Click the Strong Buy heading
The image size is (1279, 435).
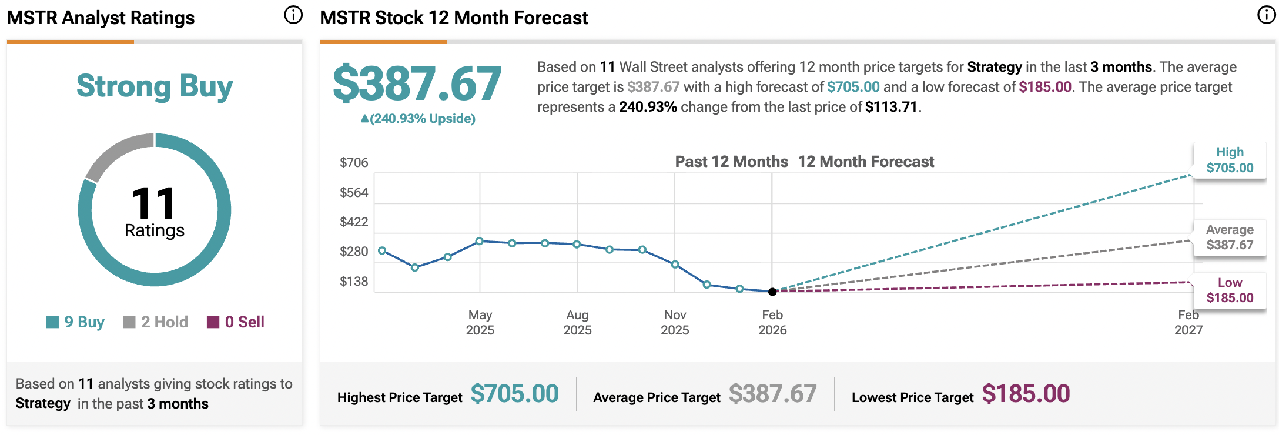click(x=155, y=86)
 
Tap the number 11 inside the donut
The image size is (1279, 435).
click(x=153, y=203)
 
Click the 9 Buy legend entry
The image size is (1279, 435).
click(x=76, y=322)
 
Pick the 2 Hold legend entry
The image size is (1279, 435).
click(x=156, y=322)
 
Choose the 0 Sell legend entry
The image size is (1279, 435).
click(x=236, y=322)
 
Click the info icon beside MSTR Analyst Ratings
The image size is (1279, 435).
click(x=293, y=15)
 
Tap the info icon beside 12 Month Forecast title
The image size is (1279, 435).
click(x=1266, y=15)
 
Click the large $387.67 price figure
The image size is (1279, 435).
click(x=417, y=84)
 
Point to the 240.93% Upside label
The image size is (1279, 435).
click(x=418, y=119)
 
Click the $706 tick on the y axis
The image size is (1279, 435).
click(x=354, y=163)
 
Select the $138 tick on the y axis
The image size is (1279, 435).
click(x=354, y=282)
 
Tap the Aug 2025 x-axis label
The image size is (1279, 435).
click(x=577, y=322)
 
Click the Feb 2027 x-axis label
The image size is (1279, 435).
click(x=1188, y=322)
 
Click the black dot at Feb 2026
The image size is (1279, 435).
click(x=772, y=292)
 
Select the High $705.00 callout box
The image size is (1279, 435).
click(x=1230, y=160)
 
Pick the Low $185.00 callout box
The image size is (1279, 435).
click(x=1230, y=290)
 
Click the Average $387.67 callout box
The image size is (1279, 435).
click(x=1230, y=237)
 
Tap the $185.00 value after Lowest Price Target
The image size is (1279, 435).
click(x=1026, y=394)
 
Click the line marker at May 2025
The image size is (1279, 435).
click(x=480, y=241)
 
